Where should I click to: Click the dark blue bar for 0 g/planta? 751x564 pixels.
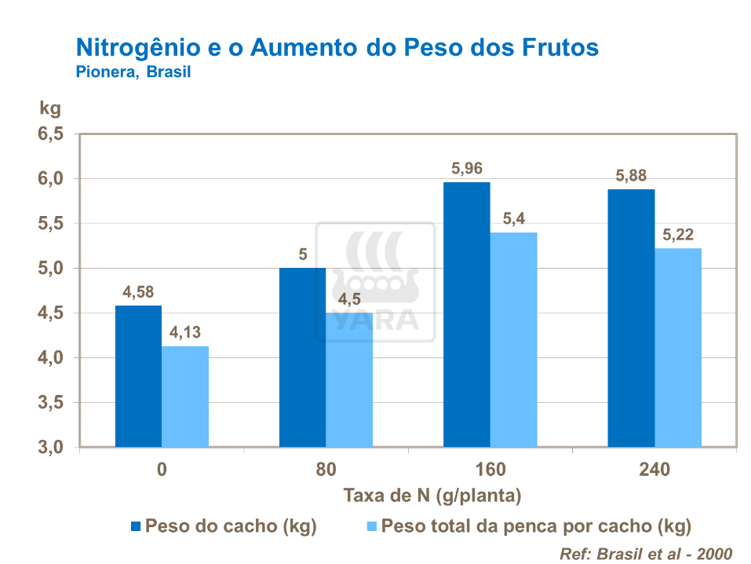[x=138, y=376]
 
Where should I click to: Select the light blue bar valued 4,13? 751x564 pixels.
[x=185, y=397]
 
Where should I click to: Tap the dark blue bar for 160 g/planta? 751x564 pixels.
[x=466, y=314]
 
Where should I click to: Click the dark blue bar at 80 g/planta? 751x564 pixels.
[x=302, y=357]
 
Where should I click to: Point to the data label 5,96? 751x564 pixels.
[x=466, y=168]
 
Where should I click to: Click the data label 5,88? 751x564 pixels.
[x=631, y=175]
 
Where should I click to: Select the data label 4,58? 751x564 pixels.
[x=138, y=291]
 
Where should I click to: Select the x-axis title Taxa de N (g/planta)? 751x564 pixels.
[x=432, y=496]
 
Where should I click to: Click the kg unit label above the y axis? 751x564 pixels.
[x=49, y=107]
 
